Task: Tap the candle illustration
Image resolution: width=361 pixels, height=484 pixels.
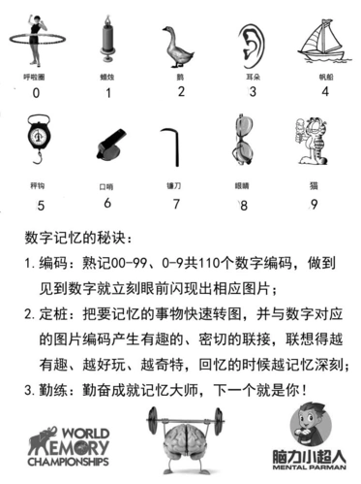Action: (x=107, y=42)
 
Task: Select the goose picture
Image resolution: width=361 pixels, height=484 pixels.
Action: (x=178, y=45)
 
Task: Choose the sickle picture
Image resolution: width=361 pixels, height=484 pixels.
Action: (x=174, y=145)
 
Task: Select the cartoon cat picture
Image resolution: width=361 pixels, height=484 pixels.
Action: (x=311, y=144)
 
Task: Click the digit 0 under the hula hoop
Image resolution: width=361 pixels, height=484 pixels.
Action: (x=36, y=93)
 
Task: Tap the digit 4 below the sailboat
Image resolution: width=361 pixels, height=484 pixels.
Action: (x=325, y=92)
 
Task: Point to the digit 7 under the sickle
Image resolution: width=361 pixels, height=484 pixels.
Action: (x=176, y=204)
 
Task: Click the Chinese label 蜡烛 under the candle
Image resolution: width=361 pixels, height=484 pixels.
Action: (x=108, y=75)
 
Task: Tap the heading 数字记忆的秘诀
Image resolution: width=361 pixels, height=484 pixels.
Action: (x=73, y=238)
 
